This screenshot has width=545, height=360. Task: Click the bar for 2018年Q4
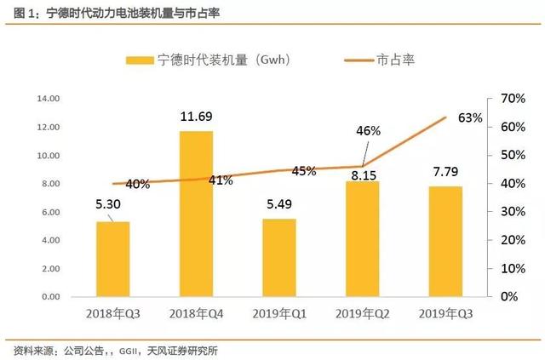[196, 214]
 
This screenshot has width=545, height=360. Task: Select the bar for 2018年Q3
[112, 259]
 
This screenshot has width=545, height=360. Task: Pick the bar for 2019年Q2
[363, 238]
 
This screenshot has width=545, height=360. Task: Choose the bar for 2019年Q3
[446, 241]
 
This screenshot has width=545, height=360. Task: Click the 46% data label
[368, 131]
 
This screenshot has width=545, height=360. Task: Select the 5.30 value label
[112, 205]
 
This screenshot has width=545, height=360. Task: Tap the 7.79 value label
[446, 169]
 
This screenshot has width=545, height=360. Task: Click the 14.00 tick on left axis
[48, 99]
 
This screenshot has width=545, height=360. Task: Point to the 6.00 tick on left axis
[49, 212]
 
